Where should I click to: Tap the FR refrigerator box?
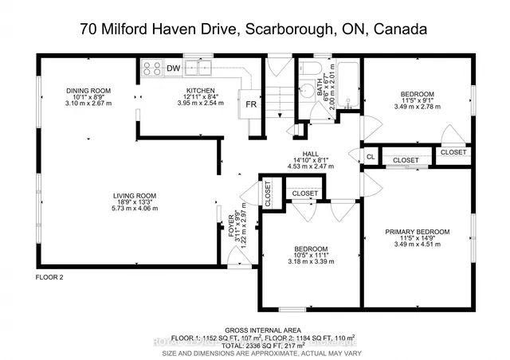click(x=250, y=104)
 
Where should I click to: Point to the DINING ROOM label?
click(x=88, y=91)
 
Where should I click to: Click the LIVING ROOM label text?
click(x=135, y=195)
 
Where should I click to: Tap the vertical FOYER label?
click(x=233, y=226)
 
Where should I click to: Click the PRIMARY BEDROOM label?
click(x=418, y=232)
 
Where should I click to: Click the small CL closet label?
click(x=371, y=157)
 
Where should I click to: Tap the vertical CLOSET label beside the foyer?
click(x=267, y=194)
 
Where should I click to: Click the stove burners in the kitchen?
click(x=151, y=68)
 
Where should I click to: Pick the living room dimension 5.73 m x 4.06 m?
click(x=135, y=208)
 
